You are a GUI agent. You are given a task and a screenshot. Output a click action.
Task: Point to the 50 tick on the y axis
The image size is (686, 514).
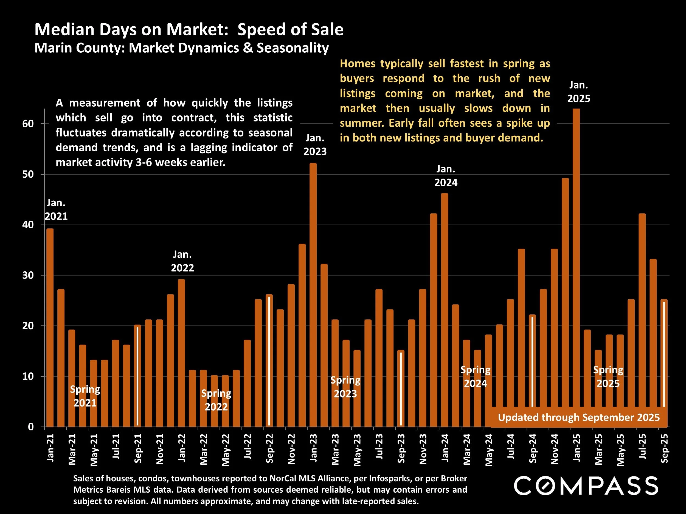28,174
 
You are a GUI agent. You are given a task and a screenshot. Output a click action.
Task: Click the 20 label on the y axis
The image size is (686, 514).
28,326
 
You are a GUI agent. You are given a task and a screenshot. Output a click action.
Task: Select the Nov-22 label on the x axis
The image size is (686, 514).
291,449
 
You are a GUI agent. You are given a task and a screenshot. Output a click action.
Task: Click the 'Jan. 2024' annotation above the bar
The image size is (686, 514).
446,176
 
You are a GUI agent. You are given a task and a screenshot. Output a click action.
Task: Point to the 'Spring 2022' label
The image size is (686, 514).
216,400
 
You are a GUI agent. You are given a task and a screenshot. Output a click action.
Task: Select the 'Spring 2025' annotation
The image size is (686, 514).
608,377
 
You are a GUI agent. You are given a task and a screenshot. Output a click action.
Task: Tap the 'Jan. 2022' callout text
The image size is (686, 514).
182,261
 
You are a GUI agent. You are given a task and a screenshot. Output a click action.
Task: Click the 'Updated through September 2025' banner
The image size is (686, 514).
579,417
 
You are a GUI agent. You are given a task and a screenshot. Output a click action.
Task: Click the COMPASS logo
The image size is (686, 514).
586,486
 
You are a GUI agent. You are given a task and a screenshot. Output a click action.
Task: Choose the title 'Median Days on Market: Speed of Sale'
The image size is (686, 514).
189,30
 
